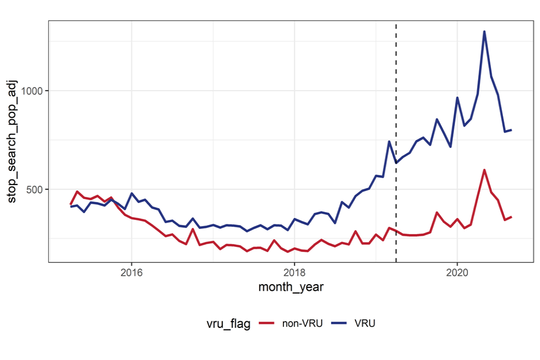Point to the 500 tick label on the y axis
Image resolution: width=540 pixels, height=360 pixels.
click(x=35, y=189)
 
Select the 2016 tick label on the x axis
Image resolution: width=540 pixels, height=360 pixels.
click(x=131, y=272)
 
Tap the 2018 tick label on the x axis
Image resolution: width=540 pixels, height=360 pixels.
click(x=294, y=272)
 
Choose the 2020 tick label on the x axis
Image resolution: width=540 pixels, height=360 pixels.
click(x=457, y=272)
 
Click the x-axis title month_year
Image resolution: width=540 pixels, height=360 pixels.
click(x=290, y=287)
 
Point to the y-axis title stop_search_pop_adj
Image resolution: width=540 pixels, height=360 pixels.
click(x=12, y=141)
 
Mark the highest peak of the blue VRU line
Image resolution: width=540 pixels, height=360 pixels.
click(x=484, y=31)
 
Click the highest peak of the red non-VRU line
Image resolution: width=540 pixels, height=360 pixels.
click(x=484, y=170)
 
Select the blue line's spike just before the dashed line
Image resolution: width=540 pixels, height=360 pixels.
click(x=389, y=141)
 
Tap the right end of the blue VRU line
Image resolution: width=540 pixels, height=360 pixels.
click(x=511, y=130)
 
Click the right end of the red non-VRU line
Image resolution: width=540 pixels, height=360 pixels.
click(x=511, y=217)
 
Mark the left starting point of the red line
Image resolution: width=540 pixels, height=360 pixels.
click(x=71, y=204)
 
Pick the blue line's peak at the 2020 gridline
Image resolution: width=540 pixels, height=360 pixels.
click(x=457, y=98)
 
